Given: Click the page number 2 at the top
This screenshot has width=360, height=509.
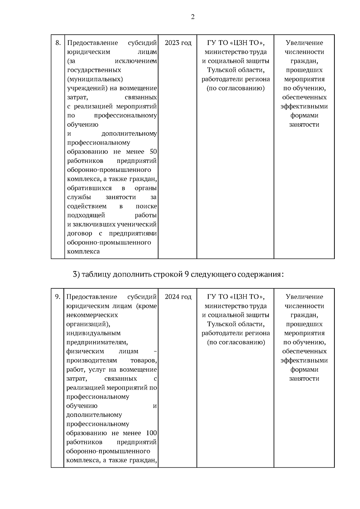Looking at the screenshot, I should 193,17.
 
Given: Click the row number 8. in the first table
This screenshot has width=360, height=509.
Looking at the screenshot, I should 58,43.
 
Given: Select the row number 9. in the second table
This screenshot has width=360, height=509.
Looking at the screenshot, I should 58,297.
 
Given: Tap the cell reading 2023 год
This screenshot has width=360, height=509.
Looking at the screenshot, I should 178,43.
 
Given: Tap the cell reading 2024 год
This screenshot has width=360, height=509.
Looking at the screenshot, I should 178,297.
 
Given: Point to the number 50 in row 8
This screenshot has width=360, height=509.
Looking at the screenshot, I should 153,152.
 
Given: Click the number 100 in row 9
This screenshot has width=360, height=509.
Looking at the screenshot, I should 151,433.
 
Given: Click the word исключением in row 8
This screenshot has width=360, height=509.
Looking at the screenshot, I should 136,61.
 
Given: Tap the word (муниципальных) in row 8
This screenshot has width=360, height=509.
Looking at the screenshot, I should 95,79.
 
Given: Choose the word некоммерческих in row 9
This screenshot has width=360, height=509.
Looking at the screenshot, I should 92,315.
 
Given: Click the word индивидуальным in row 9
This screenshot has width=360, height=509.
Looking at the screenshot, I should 93,333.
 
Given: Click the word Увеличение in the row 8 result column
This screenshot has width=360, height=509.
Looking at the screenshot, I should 304,43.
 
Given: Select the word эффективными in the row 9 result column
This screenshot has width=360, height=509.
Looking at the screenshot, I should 304,361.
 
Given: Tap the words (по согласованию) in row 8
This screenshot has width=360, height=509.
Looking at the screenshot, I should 235,88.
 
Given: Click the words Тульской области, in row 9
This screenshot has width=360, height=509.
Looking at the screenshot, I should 235,324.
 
